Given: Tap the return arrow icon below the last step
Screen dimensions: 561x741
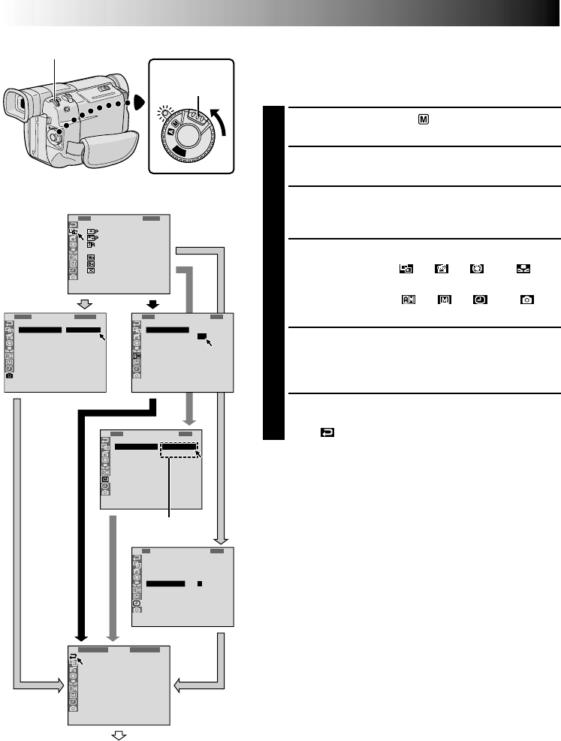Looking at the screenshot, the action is (328, 433).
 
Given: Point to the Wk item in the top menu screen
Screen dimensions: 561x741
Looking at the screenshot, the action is (90, 256).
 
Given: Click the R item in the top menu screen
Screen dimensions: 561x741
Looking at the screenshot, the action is (90, 244).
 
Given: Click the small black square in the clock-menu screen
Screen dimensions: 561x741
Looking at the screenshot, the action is (200, 583).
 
